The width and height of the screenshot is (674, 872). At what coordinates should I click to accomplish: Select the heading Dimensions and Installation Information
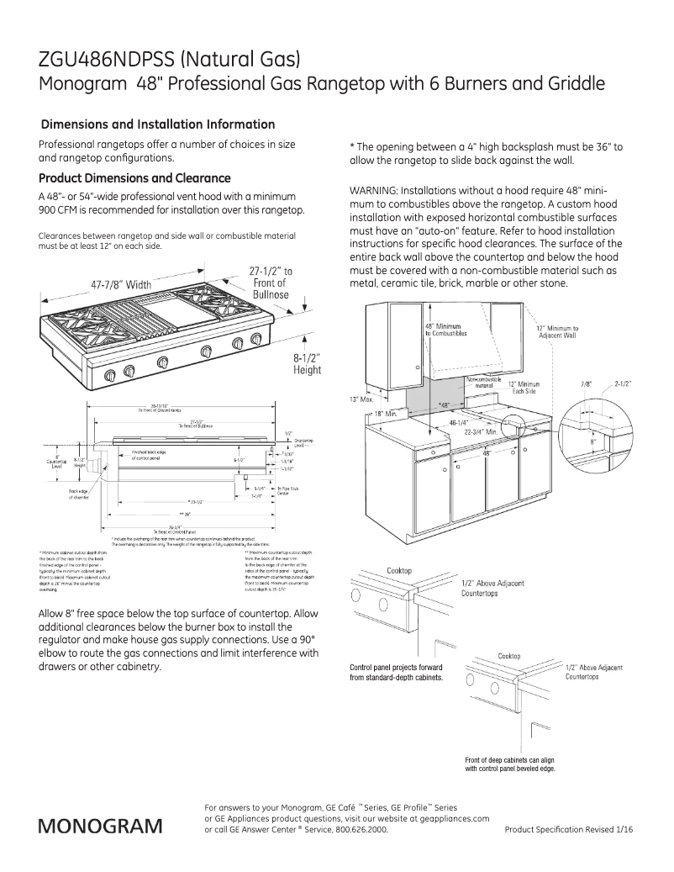click(158, 124)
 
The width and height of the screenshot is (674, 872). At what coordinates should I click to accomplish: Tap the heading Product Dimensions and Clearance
click(134, 178)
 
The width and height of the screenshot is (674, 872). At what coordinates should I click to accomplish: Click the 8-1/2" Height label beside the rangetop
click(306, 364)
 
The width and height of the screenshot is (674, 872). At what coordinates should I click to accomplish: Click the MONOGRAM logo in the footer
click(99, 826)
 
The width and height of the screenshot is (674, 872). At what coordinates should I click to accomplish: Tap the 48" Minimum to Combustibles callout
click(442, 330)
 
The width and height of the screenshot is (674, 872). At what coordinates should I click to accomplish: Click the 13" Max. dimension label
click(361, 399)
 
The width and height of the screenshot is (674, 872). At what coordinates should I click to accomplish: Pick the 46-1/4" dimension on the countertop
click(459, 423)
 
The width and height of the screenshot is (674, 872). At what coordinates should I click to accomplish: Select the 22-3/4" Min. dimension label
click(482, 431)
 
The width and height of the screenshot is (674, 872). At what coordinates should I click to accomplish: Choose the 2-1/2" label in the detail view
click(623, 384)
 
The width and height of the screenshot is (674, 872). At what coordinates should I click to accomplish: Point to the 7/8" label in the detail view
click(586, 384)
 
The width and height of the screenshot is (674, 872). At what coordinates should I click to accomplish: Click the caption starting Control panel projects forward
click(397, 672)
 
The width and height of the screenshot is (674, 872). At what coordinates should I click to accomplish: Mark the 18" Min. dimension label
click(385, 414)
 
